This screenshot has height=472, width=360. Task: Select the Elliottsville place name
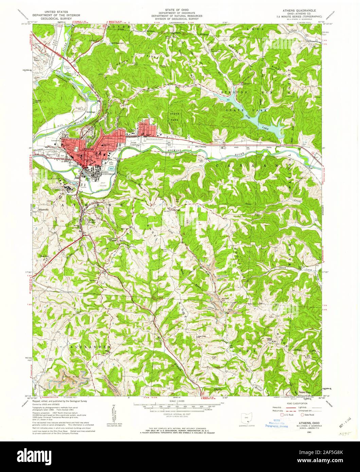pyautogui.click(x=44, y=210)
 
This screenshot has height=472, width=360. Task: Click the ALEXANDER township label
pyautogui.click(x=91, y=347)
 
